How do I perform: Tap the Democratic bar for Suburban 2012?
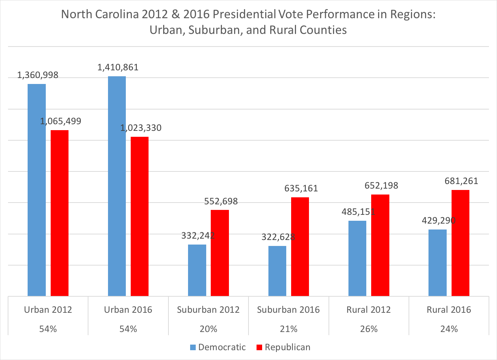[x=197, y=270]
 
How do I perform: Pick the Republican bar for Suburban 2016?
[x=300, y=247]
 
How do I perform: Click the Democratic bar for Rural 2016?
[x=437, y=263]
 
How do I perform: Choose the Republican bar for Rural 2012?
[x=380, y=245]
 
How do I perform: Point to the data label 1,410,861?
[x=118, y=67]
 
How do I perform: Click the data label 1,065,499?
[x=60, y=121]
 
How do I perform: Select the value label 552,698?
[x=221, y=201]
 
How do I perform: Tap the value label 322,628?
[x=278, y=237]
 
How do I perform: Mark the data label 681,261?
[x=461, y=181]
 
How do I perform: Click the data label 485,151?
[x=358, y=212]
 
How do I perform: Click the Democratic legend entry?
[x=222, y=347]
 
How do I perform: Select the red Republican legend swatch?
[x=259, y=347]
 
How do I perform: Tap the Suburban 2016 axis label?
[x=288, y=310]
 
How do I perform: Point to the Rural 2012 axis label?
[x=368, y=310]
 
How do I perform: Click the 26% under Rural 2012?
[x=369, y=329]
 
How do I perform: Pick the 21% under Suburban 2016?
[x=289, y=329]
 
